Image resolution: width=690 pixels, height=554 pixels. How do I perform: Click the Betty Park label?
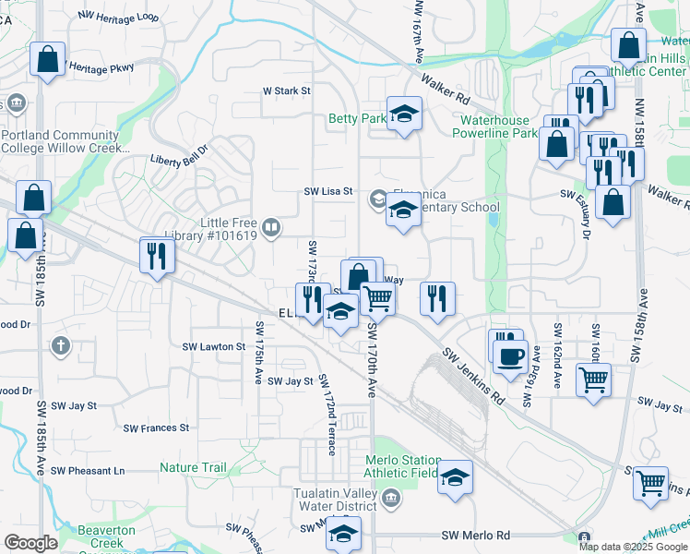pos(358,119)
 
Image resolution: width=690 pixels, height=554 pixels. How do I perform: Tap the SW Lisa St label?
pos(329,191)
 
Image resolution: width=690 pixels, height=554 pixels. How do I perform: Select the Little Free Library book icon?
pos(271,227)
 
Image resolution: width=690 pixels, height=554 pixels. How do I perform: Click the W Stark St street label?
pos(287,91)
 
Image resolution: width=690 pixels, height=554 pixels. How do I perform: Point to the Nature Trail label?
pos(193,468)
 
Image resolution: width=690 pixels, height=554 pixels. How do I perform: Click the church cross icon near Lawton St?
pos(61,347)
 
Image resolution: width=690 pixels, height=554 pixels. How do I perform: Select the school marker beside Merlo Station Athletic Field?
pos(454,477)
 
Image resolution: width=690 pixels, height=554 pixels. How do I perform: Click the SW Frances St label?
pos(156,428)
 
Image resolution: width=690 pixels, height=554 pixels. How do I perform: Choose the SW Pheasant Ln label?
pos(88,471)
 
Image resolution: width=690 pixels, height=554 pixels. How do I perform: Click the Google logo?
pos(30,543)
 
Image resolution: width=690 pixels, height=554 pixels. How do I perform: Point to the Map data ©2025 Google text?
pos(633,547)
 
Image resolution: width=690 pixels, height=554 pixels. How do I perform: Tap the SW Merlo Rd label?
pos(475,536)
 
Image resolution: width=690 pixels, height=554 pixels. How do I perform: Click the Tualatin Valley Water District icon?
pos(392,500)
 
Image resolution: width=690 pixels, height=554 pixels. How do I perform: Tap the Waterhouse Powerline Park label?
pos(494,126)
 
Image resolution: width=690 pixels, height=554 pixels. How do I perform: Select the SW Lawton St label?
pos(214,347)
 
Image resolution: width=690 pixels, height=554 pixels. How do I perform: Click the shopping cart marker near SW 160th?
pos(594,378)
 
